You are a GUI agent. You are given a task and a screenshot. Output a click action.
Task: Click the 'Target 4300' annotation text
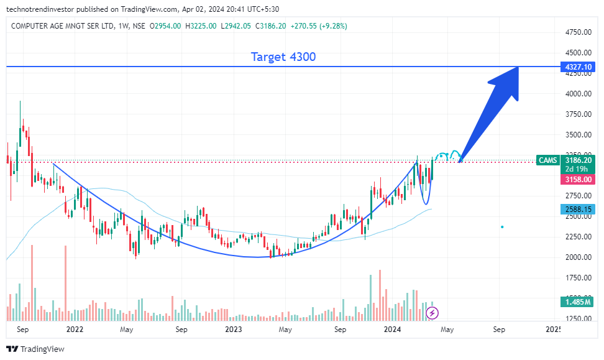tap(283, 57)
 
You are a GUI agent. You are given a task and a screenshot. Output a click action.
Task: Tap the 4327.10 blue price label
tap(577, 67)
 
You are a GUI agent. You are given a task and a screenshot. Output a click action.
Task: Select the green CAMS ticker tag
tap(547, 160)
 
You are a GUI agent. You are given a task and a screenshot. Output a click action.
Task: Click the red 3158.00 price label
tap(577, 180)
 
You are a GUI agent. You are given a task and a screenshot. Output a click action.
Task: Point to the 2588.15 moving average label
tap(577, 209)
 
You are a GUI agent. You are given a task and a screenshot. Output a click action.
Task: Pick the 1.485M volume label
tap(577, 302)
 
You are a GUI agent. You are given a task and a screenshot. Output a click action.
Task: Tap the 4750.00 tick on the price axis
tap(577, 32)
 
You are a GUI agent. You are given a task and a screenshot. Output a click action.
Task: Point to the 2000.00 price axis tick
tap(577, 257)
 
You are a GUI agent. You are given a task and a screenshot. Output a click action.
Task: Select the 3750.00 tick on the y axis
tap(577, 114)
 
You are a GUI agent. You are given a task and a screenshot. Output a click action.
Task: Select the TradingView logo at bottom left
tap(35, 349)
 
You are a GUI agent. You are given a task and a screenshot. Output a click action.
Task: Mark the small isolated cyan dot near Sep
tap(502, 227)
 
